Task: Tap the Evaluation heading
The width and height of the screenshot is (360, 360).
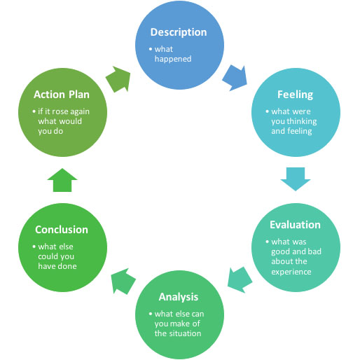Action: point(295,225)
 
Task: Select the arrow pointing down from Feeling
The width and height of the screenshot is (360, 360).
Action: point(294,180)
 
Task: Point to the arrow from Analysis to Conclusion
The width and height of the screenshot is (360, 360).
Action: point(123,281)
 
